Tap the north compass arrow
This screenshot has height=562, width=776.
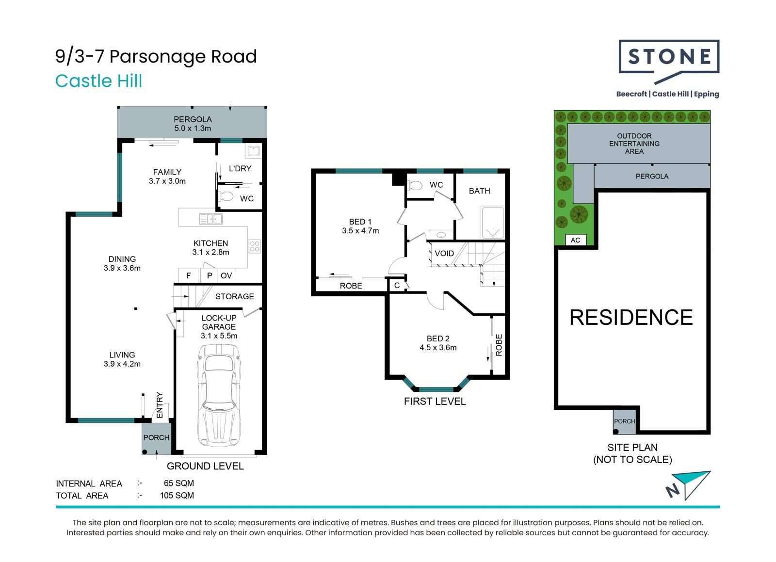(688, 485)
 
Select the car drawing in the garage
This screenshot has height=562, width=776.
(219, 396)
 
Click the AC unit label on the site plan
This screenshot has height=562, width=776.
(575, 240)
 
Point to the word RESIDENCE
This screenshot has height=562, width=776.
(631, 317)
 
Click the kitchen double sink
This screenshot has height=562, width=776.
(210, 219)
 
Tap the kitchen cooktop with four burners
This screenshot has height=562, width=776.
(255, 246)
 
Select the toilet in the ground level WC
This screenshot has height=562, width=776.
(226, 196)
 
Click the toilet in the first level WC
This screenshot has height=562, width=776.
(415, 186)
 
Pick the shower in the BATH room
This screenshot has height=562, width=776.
(492, 222)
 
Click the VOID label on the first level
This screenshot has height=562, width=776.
(444, 254)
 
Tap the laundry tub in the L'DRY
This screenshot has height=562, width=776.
(253, 151)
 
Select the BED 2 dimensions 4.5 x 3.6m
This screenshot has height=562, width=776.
(438, 347)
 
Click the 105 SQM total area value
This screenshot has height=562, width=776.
(177, 496)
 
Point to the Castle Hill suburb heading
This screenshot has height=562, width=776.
(99, 81)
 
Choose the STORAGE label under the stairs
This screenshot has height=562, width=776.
(235, 296)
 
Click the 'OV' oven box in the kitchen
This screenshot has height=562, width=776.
(226, 275)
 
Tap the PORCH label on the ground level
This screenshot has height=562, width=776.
(156, 438)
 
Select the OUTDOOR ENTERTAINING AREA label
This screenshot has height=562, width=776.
(634, 144)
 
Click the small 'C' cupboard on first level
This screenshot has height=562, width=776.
(397, 285)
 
